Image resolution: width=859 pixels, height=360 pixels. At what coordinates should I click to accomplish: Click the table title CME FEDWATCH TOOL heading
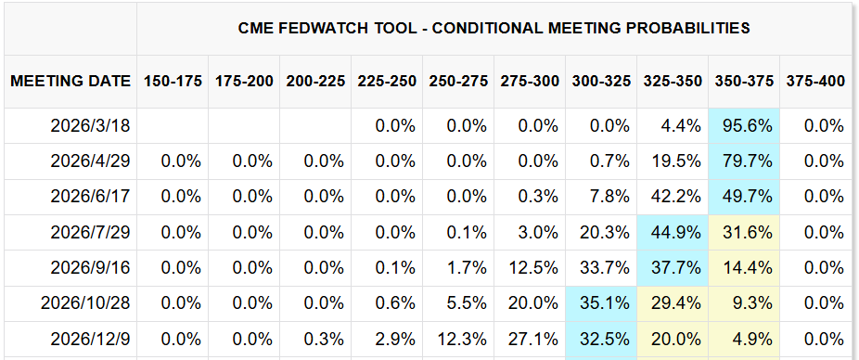[x=494, y=28]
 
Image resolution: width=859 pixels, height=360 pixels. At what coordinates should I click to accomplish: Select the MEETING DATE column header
[x=71, y=81]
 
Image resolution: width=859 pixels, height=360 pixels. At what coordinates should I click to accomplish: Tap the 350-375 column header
[x=744, y=81]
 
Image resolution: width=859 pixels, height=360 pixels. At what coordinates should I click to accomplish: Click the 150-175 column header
[x=173, y=81]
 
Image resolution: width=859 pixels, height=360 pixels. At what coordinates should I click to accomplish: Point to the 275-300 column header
[x=530, y=81]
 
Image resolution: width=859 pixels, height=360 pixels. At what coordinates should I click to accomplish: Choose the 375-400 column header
[x=815, y=81]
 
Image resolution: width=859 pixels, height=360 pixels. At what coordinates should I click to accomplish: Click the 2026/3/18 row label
[x=92, y=126]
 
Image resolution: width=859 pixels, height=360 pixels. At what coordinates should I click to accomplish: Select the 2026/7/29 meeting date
[x=92, y=233]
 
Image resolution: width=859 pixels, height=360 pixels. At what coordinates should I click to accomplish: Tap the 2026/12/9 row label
[x=92, y=340]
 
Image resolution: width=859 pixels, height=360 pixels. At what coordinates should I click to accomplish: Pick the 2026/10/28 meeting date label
[x=87, y=303]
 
